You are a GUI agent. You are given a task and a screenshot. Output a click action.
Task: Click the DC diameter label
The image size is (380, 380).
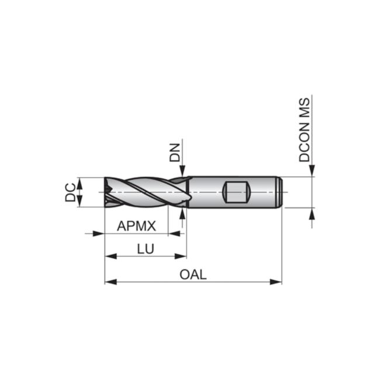pyautogui.click(x=70, y=192)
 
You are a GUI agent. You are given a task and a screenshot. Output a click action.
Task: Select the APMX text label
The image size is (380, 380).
pyautogui.click(x=136, y=226)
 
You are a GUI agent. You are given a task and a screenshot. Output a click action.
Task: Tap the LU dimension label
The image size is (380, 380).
pyautogui.click(x=145, y=248)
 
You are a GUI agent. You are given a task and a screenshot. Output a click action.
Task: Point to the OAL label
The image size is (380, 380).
pyautogui.click(x=193, y=274)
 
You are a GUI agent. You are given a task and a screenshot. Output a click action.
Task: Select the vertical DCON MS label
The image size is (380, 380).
pyautogui.click(x=305, y=130)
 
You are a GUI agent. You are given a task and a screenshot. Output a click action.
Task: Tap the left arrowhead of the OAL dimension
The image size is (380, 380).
pyautogui.click(x=109, y=282)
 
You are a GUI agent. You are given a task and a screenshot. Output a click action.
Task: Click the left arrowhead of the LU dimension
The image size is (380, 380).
pyautogui.click(x=109, y=255)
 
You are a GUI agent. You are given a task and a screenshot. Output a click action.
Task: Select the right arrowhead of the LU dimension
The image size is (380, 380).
pyautogui.click(x=182, y=255)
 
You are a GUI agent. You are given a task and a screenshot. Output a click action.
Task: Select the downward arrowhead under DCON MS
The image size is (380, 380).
pyautogui.click(x=312, y=171)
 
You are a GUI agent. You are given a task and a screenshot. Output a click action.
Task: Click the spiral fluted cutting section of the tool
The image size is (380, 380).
pyautogui.click(x=143, y=192)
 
